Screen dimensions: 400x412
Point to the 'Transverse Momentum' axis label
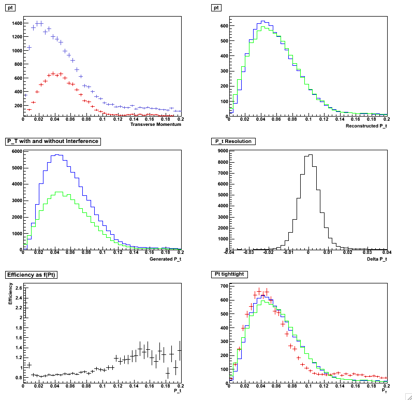point(155,124)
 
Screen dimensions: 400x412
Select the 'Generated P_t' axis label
point(165,258)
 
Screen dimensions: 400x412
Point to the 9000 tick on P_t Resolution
point(222,151)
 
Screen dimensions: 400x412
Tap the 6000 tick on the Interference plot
point(16,151)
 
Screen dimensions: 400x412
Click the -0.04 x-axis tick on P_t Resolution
point(230,252)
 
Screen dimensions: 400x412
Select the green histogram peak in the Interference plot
point(60,192)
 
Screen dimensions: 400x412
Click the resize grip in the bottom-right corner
point(407,395)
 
